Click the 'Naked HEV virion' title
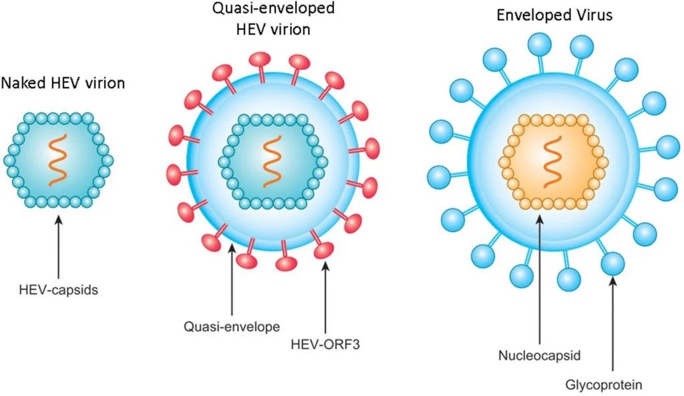[63, 83]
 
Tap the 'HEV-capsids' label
[59, 290]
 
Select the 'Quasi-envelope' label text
[232, 327]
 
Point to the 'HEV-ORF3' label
[325, 345]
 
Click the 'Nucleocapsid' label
[540, 355]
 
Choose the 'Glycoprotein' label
[604, 385]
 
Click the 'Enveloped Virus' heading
[554, 15]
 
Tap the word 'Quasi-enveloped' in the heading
[273, 8]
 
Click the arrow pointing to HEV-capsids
[59, 244]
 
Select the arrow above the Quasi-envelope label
[232, 279]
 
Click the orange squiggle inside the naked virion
[59, 160]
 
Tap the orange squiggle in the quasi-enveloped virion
[273, 162]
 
